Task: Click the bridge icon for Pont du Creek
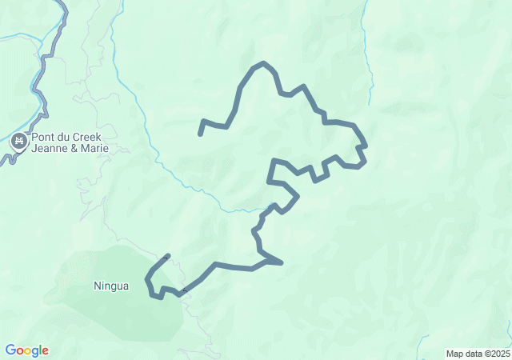tap(18, 142)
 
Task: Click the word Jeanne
tap(50, 149)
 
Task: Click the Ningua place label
tap(110, 286)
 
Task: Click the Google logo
tap(27, 350)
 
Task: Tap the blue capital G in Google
tap(10, 350)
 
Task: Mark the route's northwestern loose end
tap(200, 134)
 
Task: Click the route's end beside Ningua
tap(167, 256)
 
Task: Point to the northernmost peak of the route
tap(262, 62)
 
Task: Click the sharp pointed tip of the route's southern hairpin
tap(282, 262)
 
